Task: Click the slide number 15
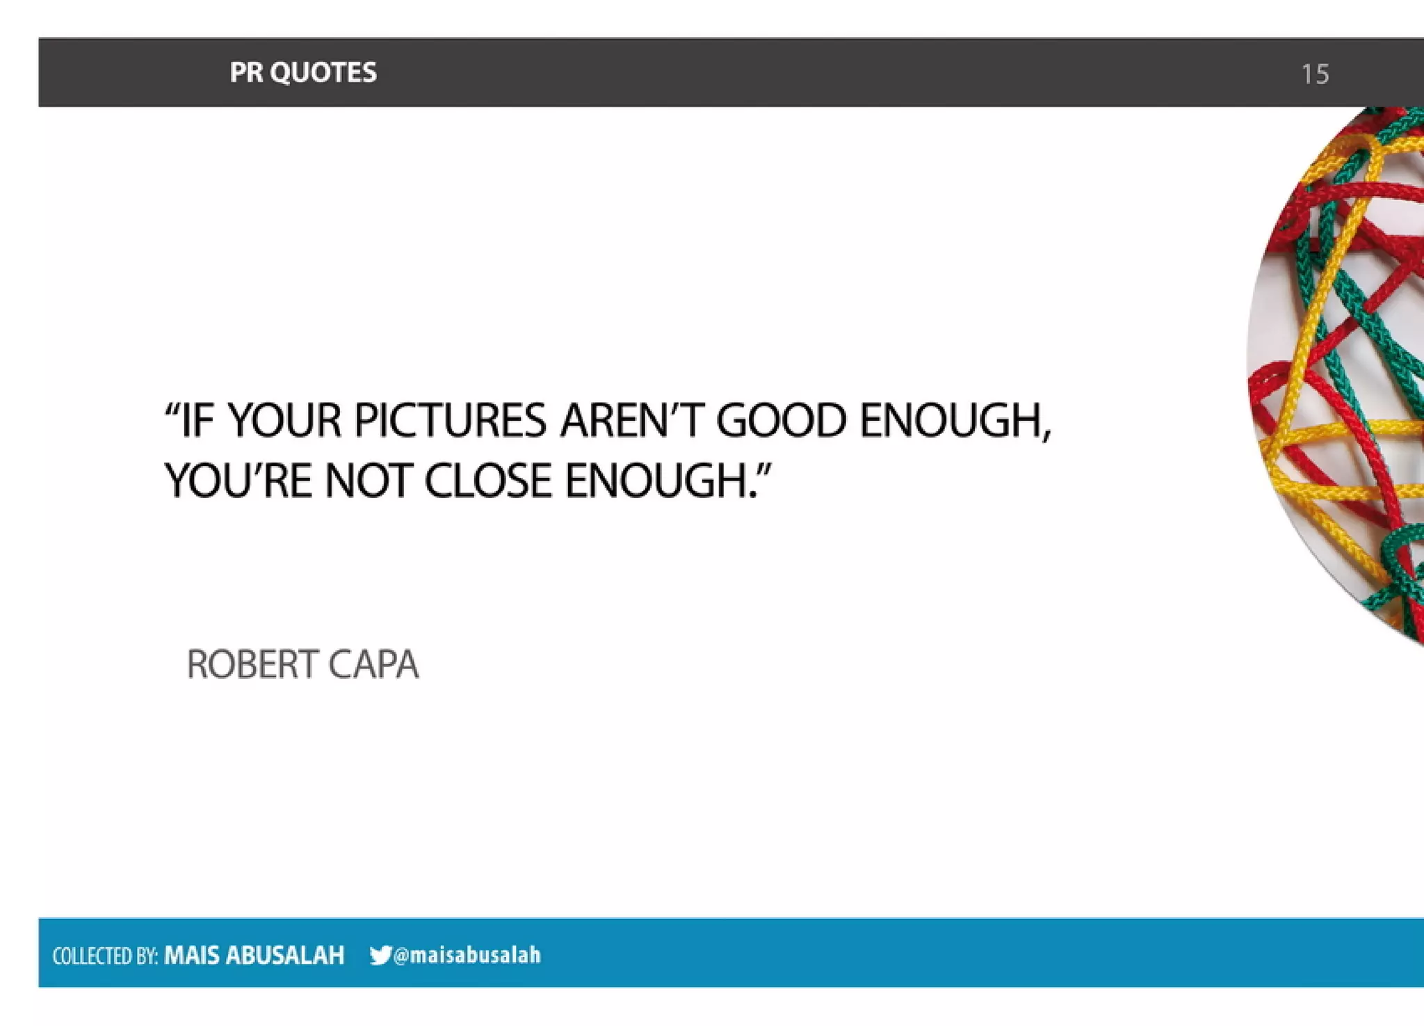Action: [x=1315, y=74]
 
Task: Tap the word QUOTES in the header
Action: [x=323, y=72]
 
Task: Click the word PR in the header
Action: [x=245, y=72]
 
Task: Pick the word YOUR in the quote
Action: [x=285, y=421]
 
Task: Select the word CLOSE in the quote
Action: [x=488, y=481]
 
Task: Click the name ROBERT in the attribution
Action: [x=252, y=664]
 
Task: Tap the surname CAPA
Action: [x=373, y=664]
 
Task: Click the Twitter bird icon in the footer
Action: [x=380, y=955]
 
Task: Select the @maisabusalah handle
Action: [x=467, y=955]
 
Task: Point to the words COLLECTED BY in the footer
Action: [x=105, y=956]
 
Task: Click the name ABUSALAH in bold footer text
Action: [x=285, y=955]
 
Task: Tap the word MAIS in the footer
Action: [x=191, y=955]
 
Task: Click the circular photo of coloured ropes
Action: [x=1342, y=376]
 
